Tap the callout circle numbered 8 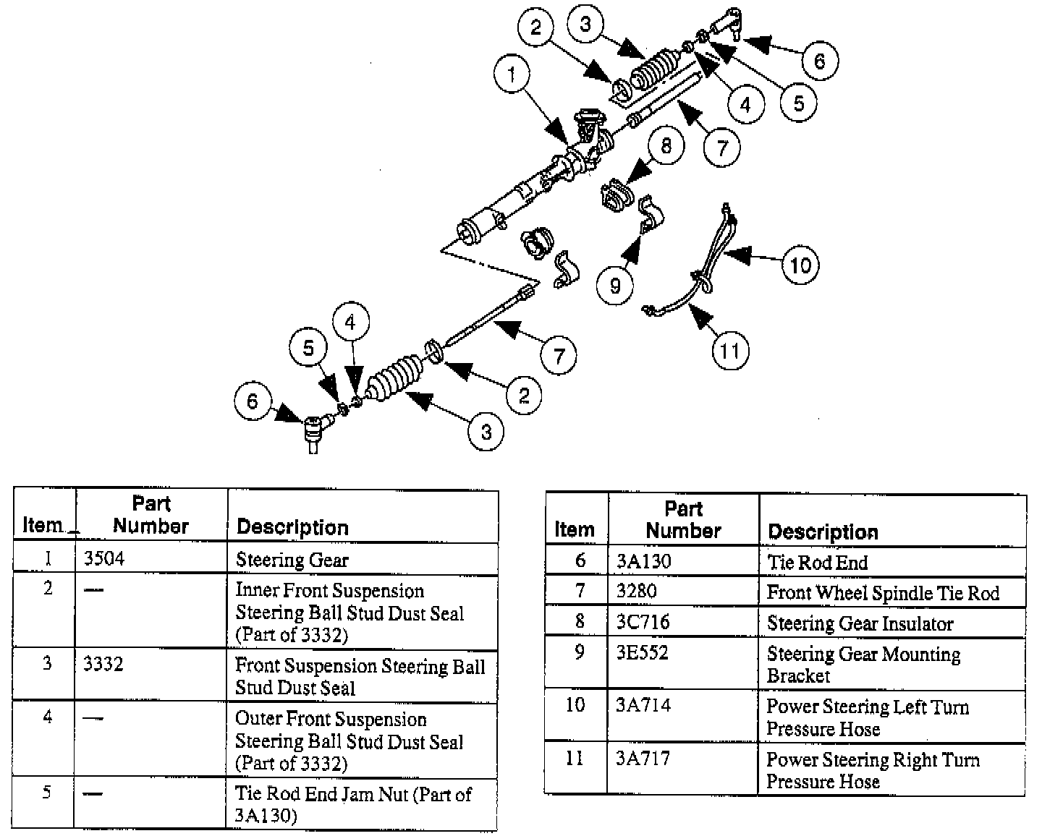click(666, 145)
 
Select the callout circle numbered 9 click(615, 285)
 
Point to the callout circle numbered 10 click(800, 265)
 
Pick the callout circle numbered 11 click(730, 351)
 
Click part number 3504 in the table click(104, 558)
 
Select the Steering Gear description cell click(292, 560)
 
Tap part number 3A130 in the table click(643, 561)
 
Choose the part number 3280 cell click(636, 591)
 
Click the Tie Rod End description click(817, 562)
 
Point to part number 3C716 click(643, 622)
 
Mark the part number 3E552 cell click(643, 652)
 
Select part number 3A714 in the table click(643, 704)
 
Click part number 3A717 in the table click(643, 758)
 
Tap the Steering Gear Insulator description click(860, 623)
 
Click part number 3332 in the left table click(103, 664)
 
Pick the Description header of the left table click(292, 527)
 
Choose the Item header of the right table click(575, 529)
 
